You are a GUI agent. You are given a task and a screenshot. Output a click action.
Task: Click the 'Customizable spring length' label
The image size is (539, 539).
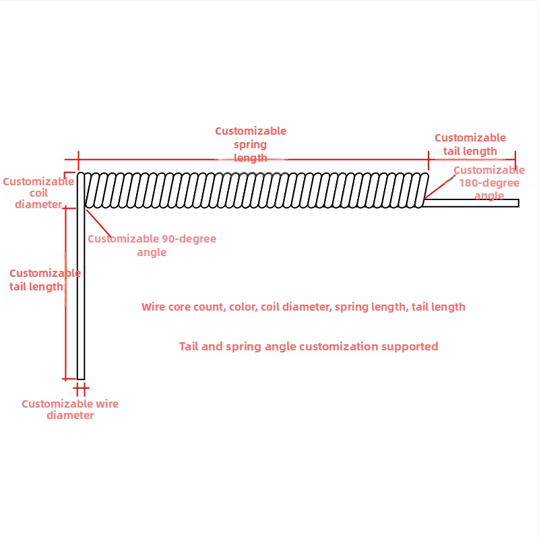pos(251,144)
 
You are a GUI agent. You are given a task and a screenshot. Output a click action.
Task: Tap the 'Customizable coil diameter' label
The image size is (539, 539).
pos(38,193)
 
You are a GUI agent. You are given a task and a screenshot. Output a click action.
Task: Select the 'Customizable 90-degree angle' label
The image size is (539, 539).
pos(152,245)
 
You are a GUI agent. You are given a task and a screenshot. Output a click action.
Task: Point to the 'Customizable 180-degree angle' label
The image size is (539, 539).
pos(489,183)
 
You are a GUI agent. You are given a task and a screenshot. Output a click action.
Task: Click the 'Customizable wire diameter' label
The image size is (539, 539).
pos(70,410)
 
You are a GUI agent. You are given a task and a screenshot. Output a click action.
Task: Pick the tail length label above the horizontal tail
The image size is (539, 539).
pos(470,144)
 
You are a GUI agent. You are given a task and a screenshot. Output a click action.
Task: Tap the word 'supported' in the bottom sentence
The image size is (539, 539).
pos(410,346)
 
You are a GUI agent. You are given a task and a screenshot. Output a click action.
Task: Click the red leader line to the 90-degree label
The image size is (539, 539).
pos(99,223)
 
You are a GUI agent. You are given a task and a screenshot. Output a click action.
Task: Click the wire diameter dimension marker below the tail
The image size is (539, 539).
pos(81,389)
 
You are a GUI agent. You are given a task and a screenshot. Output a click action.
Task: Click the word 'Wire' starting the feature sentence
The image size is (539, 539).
pos(153,307)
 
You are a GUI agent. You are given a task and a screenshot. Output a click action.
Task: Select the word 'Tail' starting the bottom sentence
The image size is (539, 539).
pos(191,346)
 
